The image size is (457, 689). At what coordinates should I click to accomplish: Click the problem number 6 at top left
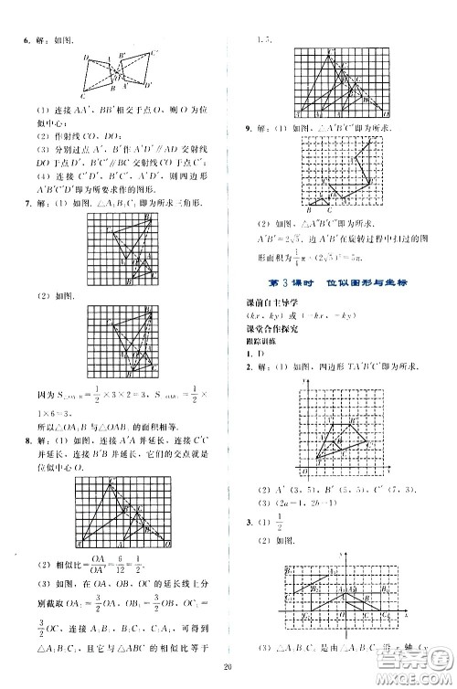(x=12, y=40)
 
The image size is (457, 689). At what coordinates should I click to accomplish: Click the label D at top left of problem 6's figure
(x=85, y=58)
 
